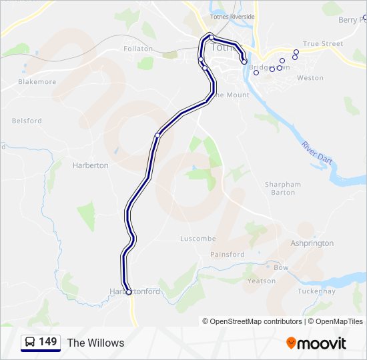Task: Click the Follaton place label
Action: click(x=138, y=49)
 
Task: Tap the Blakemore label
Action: click(x=37, y=82)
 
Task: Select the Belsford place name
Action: click(x=27, y=121)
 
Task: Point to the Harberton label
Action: click(x=90, y=165)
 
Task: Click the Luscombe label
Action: click(x=198, y=239)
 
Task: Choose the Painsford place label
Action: click(x=227, y=255)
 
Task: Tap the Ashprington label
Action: click(x=312, y=243)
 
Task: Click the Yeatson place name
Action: click(x=262, y=281)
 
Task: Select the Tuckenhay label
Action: click(x=316, y=291)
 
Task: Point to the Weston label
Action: click(x=310, y=78)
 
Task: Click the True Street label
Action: click(x=323, y=44)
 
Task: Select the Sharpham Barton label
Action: click(x=283, y=189)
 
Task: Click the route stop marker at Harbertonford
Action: click(x=129, y=291)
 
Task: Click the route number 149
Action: click(x=48, y=342)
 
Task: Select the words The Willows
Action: click(x=95, y=343)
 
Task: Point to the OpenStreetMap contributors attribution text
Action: click(x=256, y=321)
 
